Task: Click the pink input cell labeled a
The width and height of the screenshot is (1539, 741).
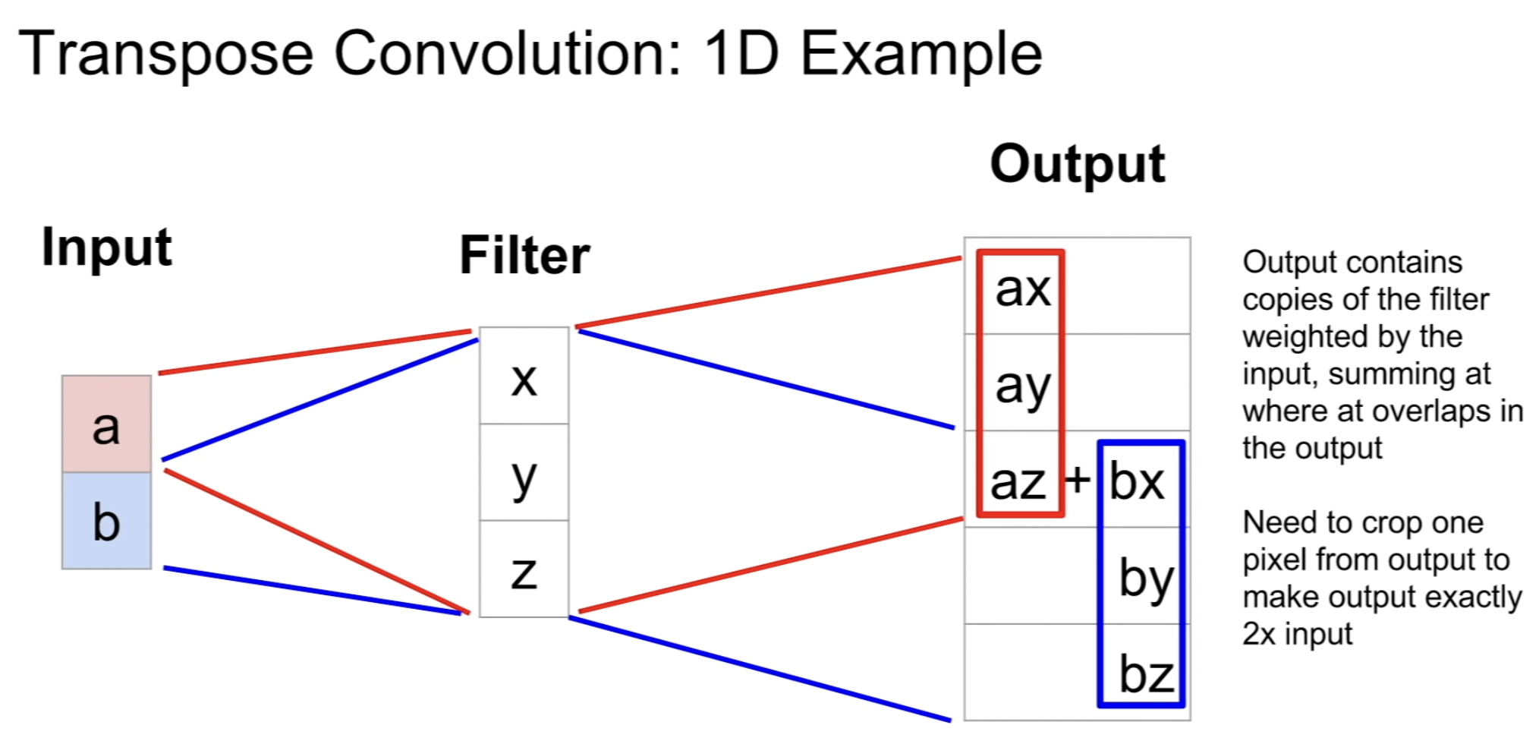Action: click(106, 424)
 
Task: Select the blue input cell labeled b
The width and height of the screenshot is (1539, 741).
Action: click(106, 521)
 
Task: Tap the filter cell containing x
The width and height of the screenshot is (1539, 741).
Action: click(524, 377)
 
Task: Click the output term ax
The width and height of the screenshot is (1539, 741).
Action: click(1022, 289)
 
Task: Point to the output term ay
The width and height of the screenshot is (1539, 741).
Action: click(1022, 386)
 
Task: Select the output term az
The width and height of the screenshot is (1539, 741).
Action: click(1018, 482)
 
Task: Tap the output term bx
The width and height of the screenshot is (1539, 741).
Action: click(1136, 482)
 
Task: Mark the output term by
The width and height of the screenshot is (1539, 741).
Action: click(1146, 579)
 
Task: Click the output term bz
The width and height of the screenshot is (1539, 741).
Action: click(1146, 673)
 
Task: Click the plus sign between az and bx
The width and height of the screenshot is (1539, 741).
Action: click(1077, 480)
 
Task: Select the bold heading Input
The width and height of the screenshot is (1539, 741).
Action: click(106, 248)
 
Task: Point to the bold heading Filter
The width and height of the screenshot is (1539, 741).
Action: click(524, 255)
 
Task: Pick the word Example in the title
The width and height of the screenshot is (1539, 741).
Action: click(921, 55)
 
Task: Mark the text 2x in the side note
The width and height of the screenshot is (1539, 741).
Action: click(1258, 634)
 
